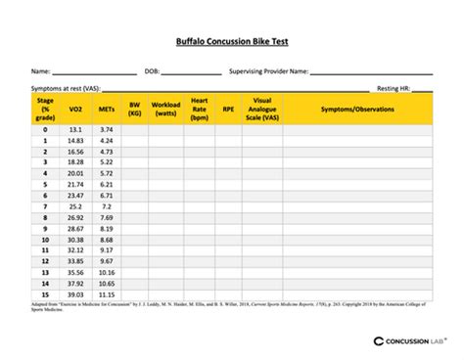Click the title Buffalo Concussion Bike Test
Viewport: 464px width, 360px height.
[231, 42]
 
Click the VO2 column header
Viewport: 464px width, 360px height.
[75, 110]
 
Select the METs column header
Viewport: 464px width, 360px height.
[107, 110]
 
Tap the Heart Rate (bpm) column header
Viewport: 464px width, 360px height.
[201, 109]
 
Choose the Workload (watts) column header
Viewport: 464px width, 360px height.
[164, 109]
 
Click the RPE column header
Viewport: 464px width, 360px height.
[228, 110]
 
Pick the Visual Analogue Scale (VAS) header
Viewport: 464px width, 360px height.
[262, 109]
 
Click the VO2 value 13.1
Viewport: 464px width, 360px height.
[75, 129]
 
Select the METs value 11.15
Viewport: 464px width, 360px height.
[107, 294]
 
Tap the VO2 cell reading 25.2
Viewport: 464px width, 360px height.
[75, 206]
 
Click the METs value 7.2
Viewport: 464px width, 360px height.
[107, 206]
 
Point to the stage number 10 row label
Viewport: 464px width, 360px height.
[45, 240]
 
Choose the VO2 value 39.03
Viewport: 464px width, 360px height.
[75, 294]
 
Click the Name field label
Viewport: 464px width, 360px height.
[40, 71]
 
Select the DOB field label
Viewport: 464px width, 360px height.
[152, 71]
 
